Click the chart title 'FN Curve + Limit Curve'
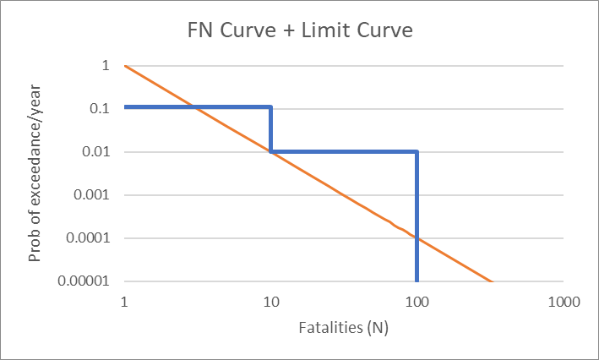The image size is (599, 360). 299,32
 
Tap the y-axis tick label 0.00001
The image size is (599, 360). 86,281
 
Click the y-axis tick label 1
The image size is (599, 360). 106,66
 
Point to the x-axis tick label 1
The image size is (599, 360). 124,300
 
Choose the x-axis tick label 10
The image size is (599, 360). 270,300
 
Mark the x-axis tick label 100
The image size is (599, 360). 417,300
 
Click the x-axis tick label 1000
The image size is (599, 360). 562,300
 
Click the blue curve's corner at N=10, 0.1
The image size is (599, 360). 270,107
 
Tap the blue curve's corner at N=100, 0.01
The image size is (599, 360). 417,152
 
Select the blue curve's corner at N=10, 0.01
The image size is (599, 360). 270,152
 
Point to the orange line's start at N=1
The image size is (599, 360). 125,66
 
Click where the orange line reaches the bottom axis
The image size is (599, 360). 490,281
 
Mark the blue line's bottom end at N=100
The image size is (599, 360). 417,281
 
